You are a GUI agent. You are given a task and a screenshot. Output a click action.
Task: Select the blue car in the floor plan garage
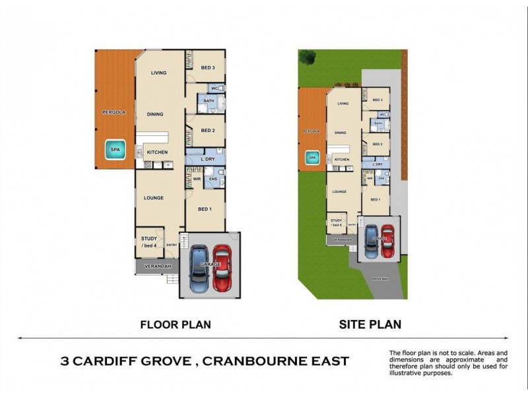[198, 269]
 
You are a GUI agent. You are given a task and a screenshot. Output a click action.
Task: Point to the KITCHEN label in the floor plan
[157, 152]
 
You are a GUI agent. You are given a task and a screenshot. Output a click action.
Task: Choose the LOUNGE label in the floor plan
[154, 197]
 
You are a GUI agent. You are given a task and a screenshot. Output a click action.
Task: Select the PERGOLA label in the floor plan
[114, 113]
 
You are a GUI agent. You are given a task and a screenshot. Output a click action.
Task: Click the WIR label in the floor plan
[197, 178]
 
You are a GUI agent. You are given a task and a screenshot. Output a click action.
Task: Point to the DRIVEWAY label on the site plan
[379, 279]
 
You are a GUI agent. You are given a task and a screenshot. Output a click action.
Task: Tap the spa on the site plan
[312, 158]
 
